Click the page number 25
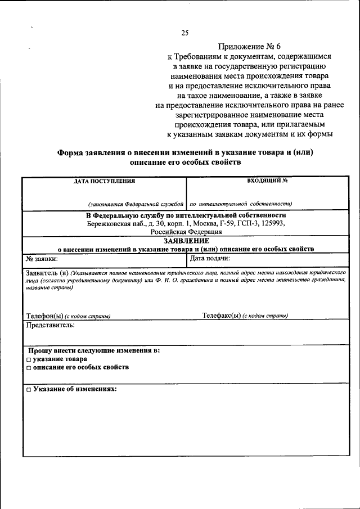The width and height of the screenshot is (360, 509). click(184, 33)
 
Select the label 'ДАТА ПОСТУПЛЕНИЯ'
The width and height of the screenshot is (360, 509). click(104, 181)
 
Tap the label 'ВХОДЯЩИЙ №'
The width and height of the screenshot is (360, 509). click(267, 181)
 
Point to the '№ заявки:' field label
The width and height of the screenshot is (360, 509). click(42, 259)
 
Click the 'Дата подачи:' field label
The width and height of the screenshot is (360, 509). click(210, 259)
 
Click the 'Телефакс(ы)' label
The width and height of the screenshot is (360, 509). click(222, 316)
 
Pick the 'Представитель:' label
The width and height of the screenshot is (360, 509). click(50, 325)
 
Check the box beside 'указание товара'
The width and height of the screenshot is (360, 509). click(28, 359)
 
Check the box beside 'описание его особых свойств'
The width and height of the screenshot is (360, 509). click(28, 367)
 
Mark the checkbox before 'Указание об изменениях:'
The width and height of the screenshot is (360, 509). click(28, 389)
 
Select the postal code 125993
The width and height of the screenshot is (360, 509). click(272, 223)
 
